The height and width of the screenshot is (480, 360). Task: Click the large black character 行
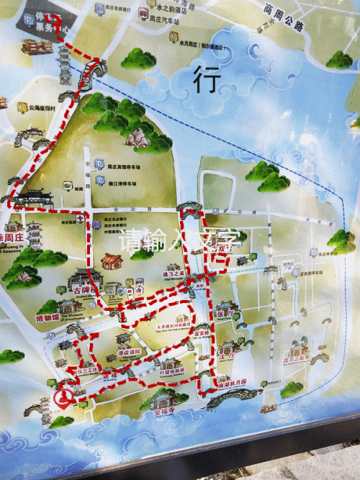[x=205, y=78]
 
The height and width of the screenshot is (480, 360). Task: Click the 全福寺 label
[x=165, y=415]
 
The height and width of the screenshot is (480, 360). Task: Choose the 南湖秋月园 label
[x=229, y=382]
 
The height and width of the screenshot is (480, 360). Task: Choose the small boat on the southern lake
[x=269, y=409]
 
